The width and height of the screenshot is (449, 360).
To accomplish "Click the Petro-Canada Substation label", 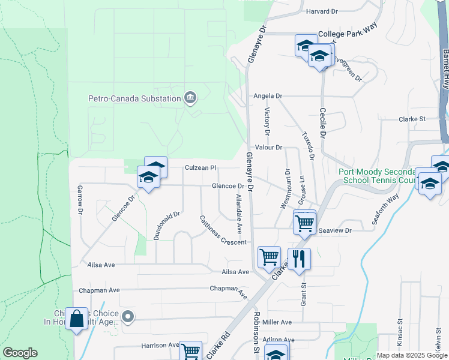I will [134, 98].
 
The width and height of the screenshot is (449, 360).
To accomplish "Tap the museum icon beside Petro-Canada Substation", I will [190, 98].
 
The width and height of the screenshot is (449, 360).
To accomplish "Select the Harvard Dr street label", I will [322, 11].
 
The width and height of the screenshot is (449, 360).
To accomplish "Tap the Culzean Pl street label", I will [200, 169].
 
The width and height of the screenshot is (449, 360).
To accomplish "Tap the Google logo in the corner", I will [20, 353].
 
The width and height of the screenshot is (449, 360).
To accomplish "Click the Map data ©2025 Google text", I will [412, 355].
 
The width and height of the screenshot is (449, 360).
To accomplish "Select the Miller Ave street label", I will [277, 322].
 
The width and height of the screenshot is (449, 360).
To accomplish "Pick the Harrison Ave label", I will [160, 346].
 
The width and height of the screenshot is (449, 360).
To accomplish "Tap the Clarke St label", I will [412, 119].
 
